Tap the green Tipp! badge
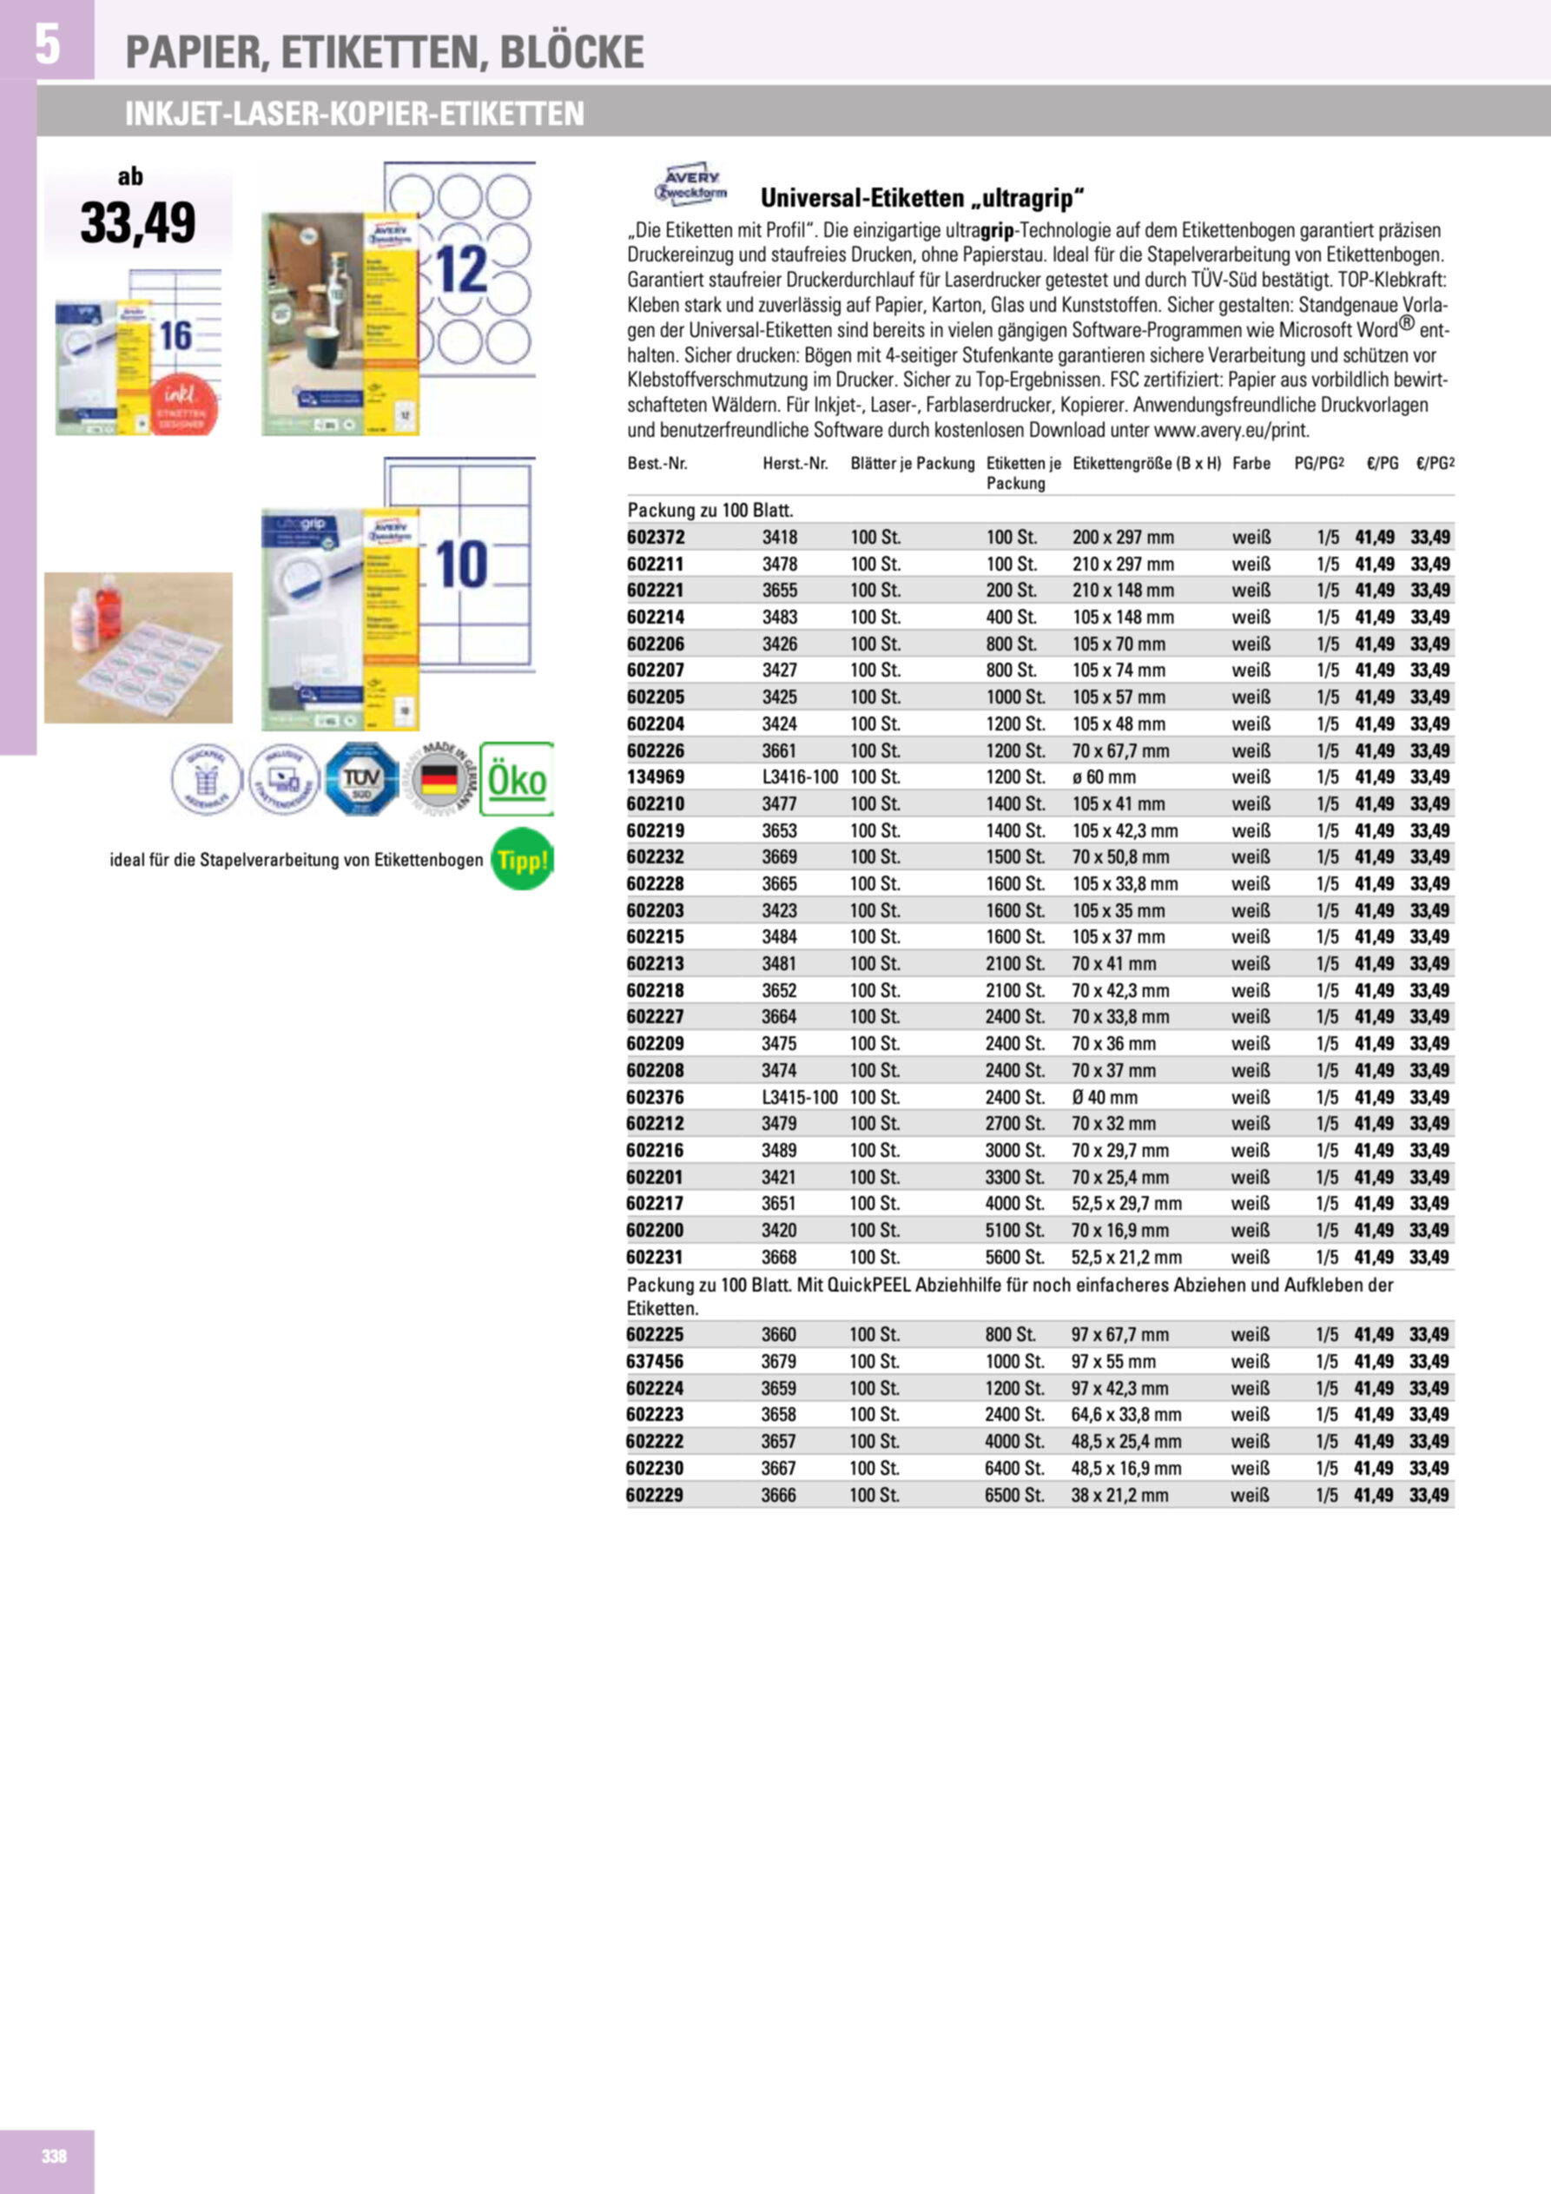coord(522,859)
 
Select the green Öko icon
coord(517,779)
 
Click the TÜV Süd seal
coord(362,779)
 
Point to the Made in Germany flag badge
coord(439,779)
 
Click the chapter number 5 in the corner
coord(47,45)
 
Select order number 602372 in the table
coord(656,537)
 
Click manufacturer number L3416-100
coord(800,776)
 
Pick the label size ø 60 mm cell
coord(1104,776)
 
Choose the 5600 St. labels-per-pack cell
coord(1015,1258)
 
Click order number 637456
coord(656,1361)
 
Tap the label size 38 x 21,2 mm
coord(1119,1495)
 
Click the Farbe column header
coord(1251,464)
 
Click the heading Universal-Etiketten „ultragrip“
coord(922,199)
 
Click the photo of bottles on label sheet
coord(139,647)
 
